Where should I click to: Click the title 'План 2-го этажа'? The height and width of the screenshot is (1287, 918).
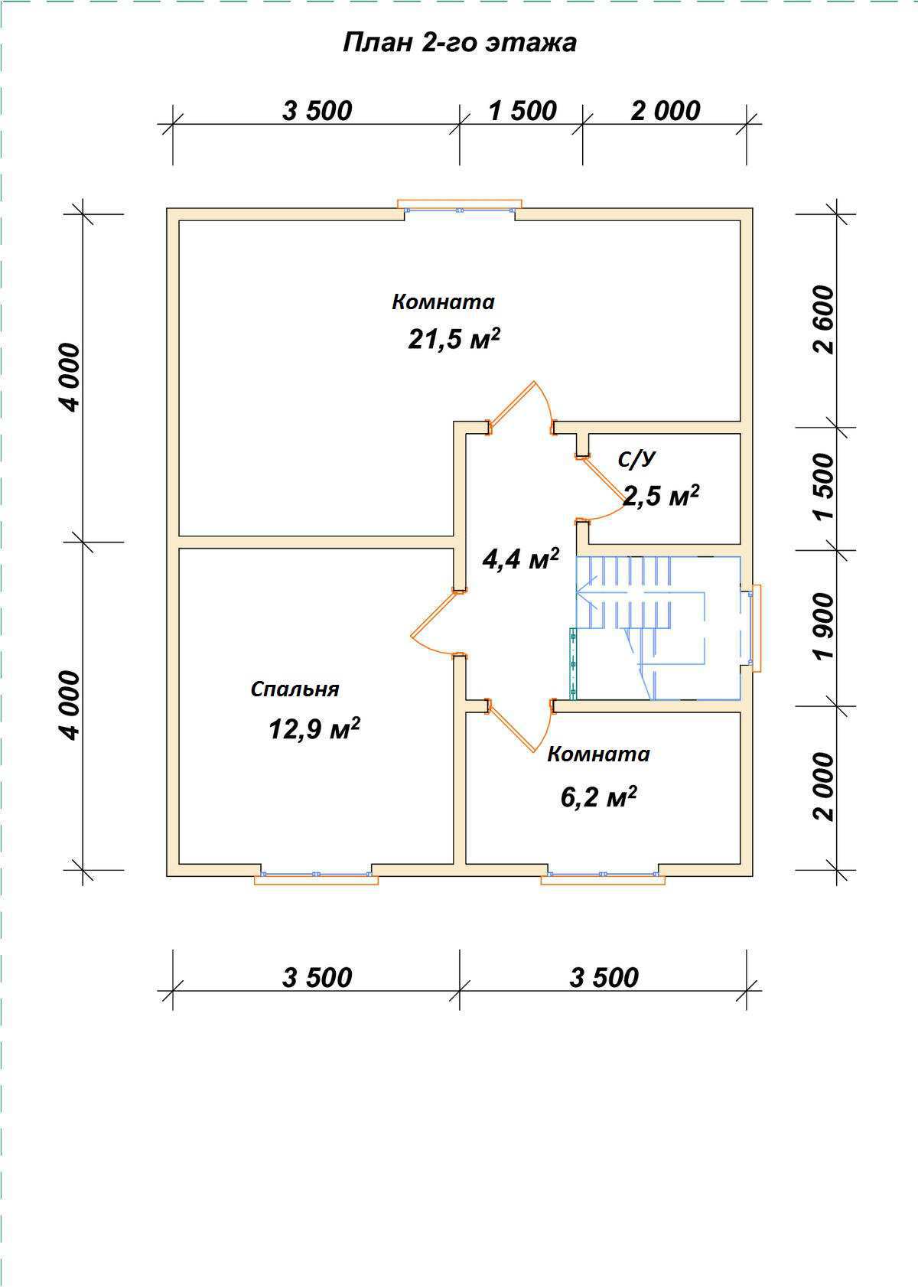click(460, 43)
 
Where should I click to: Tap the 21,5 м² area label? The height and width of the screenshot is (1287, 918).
click(454, 339)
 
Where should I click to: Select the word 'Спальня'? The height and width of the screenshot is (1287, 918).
click(295, 689)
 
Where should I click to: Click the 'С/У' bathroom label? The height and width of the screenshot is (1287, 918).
click(636, 459)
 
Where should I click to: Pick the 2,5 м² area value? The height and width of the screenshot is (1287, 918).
click(662, 495)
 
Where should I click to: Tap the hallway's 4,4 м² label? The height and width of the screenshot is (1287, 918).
click(521, 558)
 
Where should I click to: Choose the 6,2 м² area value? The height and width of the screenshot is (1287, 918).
click(599, 797)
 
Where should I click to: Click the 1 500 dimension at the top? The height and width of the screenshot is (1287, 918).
click(522, 111)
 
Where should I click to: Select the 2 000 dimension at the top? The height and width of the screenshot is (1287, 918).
click(666, 111)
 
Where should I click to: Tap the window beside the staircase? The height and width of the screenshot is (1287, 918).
click(753, 628)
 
